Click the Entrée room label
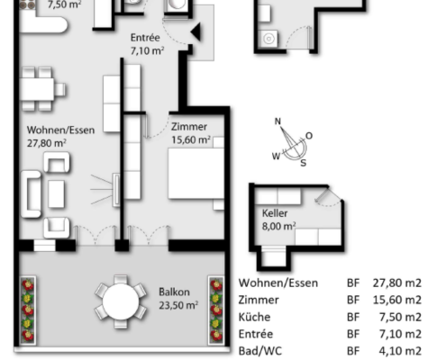click(145, 38)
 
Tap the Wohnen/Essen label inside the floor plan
click(60, 130)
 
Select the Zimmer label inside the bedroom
click(189, 127)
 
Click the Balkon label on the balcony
click(174, 292)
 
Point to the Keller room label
click(275, 213)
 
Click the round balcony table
click(121, 301)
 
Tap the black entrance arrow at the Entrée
click(196, 31)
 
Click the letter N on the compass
click(278, 121)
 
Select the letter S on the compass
click(304, 163)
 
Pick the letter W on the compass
click(276, 156)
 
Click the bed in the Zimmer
click(196, 174)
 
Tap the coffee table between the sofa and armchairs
click(56, 193)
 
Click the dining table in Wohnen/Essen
click(37, 89)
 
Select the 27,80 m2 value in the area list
click(397, 283)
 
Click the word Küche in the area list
click(254, 317)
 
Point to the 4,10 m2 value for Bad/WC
click(400, 351)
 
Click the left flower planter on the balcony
click(28, 310)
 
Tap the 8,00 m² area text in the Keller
click(279, 226)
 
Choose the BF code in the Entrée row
click(353, 334)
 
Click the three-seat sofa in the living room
click(31, 193)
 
